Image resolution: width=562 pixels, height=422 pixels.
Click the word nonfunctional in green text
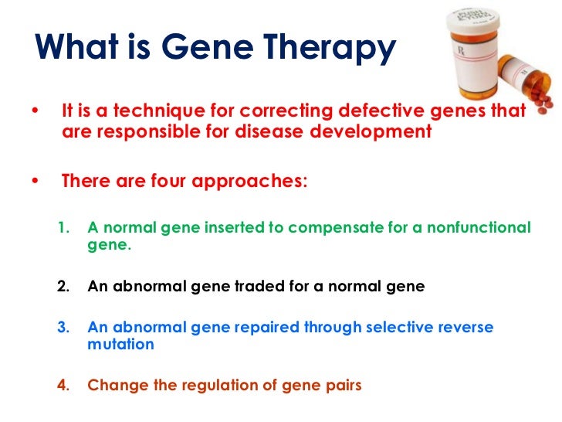479,228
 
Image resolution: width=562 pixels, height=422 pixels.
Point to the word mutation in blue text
120,345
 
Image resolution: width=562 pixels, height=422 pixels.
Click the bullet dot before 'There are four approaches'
35,182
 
